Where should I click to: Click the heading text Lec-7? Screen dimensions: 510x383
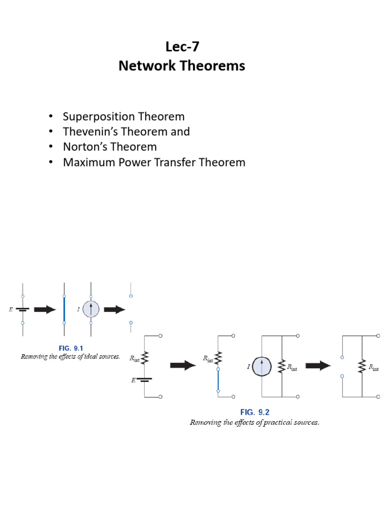click(182, 47)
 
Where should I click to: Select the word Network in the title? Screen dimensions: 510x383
click(142, 66)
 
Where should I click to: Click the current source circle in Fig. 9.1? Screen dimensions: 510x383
click(91, 309)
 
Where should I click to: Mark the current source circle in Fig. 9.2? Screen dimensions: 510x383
click(261, 367)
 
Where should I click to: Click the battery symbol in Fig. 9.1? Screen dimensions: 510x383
click(22, 309)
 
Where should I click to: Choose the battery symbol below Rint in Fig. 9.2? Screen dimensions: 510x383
click(145, 380)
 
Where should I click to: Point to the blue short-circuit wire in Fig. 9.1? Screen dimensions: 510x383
click(64, 310)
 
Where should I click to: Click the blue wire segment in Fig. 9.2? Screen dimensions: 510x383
click(218, 380)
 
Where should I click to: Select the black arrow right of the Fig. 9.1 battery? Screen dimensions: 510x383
click(44, 309)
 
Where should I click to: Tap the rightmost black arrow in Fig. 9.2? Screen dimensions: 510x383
click(318, 366)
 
